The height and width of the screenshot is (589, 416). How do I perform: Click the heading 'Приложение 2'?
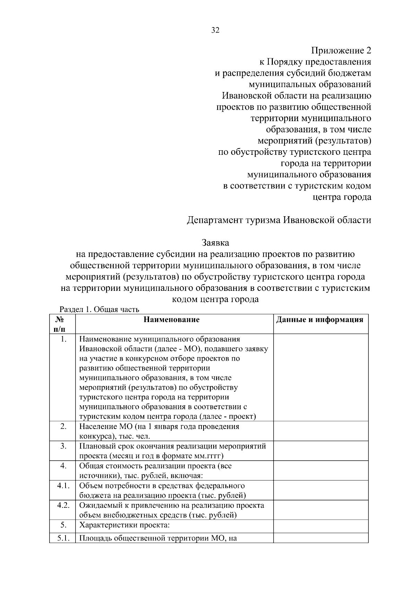(341, 51)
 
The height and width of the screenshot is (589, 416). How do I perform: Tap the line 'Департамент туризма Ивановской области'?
(279, 220)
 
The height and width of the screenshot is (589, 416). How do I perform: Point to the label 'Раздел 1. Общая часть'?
(99, 309)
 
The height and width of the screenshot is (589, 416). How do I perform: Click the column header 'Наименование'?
(172, 320)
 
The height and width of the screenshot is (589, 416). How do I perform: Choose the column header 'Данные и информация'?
(320, 320)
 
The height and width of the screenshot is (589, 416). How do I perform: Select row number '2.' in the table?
(63, 426)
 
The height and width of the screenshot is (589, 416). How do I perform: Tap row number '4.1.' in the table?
(63, 486)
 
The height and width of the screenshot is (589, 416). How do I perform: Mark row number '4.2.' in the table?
(63, 505)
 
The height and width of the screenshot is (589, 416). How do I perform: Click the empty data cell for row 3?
(321, 451)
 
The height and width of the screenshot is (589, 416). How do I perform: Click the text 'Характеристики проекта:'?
(124, 525)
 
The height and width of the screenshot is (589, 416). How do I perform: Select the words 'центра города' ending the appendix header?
(342, 197)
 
